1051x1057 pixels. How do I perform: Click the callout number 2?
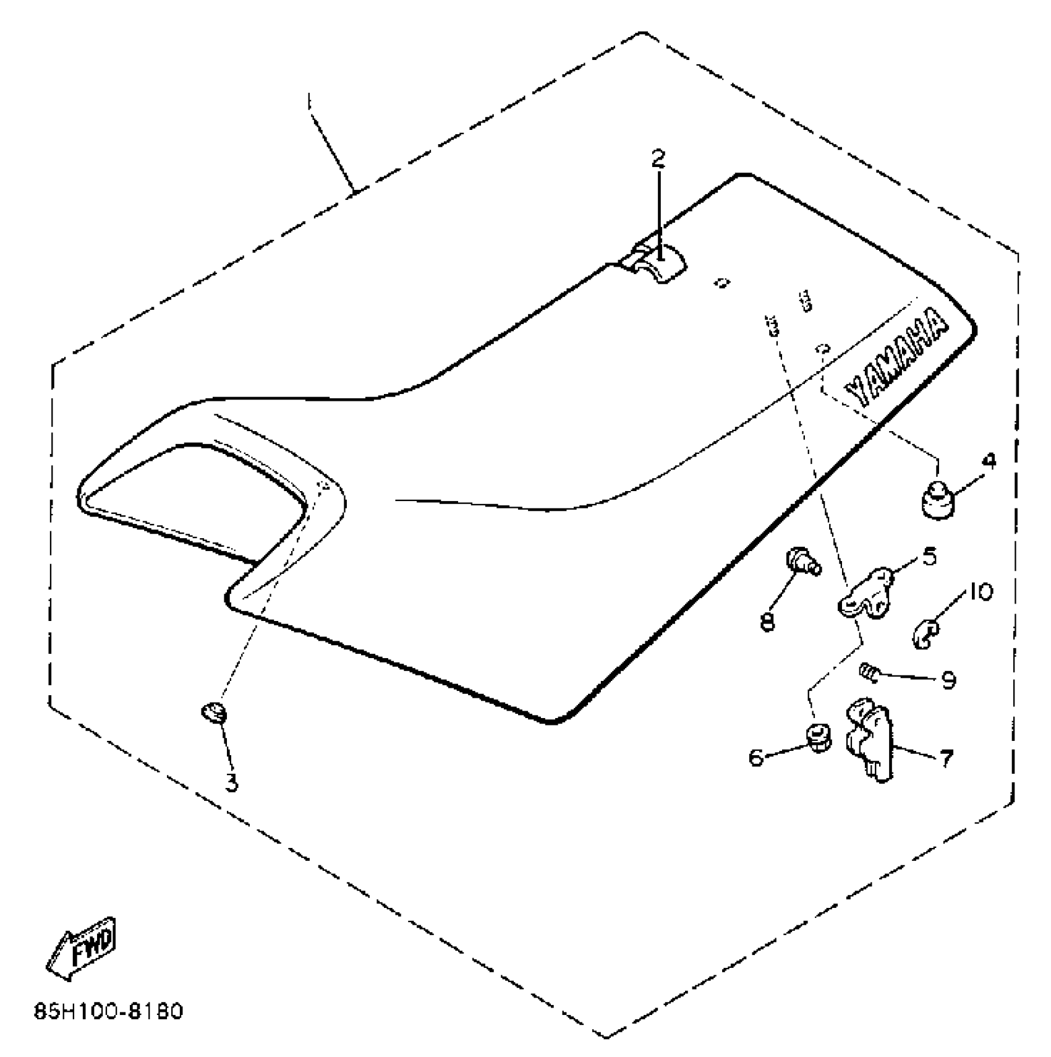pos(658,159)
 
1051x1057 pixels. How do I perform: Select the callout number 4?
pos(990,461)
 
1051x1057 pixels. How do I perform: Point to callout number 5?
pos(929,557)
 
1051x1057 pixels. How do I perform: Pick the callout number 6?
pos(756,756)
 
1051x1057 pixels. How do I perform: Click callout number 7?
pos(946,758)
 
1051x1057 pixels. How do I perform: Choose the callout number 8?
pos(767,622)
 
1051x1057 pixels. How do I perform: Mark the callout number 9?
pos(948,680)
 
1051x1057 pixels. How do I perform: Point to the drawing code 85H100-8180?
pos(109,1012)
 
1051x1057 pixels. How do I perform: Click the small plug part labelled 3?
pos(214,713)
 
